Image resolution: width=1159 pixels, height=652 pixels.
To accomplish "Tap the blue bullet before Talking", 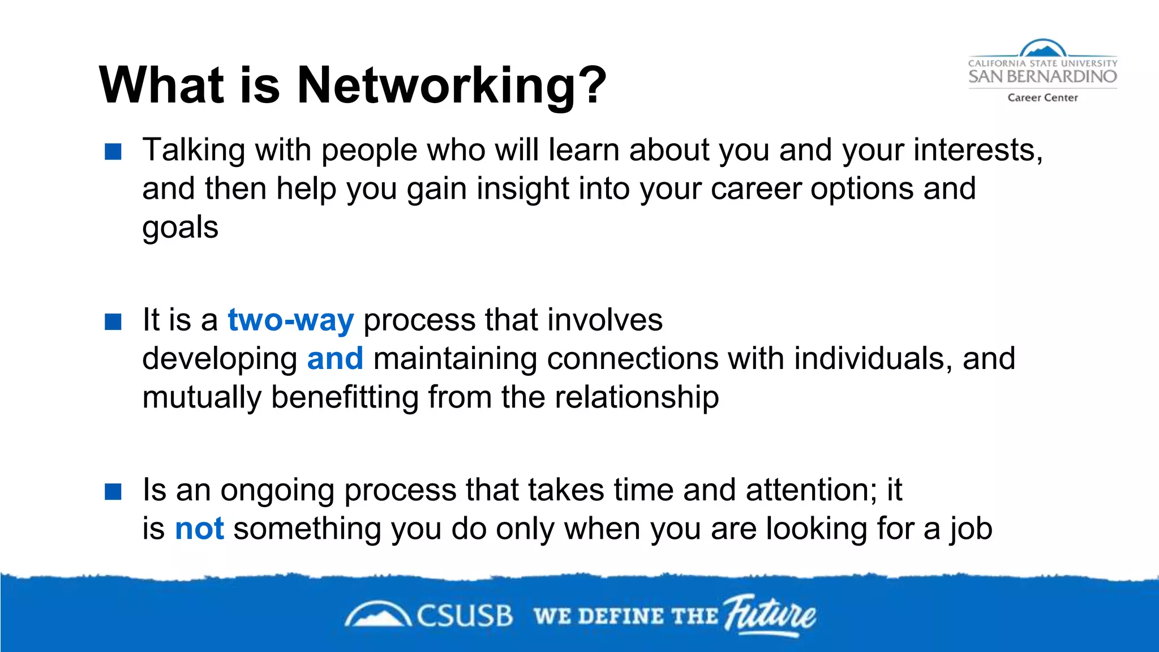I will tap(113, 152).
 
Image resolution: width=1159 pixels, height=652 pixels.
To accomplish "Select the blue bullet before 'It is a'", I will tap(113, 321).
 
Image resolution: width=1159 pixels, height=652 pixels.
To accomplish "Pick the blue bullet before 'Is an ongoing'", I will tap(113, 491).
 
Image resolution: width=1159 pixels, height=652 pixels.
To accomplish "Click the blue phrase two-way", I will tap(290, 320).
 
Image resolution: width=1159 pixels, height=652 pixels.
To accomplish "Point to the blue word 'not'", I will tap(199, 529).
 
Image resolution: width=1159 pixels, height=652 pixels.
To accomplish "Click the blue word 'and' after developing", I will tap(335, 359).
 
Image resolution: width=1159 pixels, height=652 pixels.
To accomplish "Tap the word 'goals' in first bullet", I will tap(180, 228).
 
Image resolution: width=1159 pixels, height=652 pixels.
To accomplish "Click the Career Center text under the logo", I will tap(1042, 97).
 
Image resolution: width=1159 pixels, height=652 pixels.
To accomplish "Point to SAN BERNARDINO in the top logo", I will tap(1042, 76).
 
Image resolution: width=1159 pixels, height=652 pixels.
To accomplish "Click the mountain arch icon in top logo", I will tap(1042, 49).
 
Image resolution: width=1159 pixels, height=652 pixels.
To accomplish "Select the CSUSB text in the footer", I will tap(464, 616).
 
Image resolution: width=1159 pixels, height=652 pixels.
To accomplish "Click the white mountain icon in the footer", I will tap(377, 616).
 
